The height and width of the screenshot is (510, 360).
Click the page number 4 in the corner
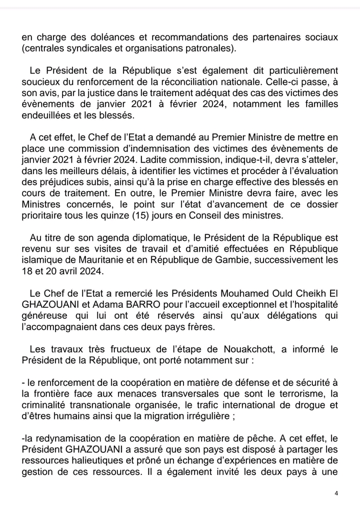tap(336, 493)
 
